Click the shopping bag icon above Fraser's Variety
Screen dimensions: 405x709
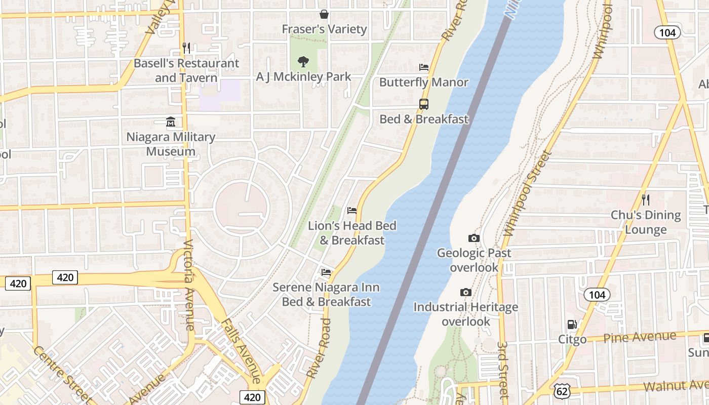(x=324, y=14)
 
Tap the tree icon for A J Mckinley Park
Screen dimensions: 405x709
(x=303, y=62)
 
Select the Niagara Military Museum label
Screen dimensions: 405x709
(x=171, y=144)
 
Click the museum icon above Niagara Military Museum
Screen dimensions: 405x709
(x=171, y=123)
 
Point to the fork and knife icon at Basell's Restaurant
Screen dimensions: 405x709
(x=186, y=48)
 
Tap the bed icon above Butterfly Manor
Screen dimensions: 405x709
(x=424, y=67)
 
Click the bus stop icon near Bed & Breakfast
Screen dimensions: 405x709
(x=424, y=104)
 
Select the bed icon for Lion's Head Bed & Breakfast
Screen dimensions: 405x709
(x=352, y=211)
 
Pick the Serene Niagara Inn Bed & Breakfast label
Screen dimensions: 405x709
(x=326, y=295)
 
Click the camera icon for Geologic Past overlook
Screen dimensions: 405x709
(x=474, y=238)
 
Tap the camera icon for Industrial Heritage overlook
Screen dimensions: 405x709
(x=465, y=293)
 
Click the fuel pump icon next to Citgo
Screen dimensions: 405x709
(x=572, y=325)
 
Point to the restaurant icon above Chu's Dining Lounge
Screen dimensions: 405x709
(x=645, y=200)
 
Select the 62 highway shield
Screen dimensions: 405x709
(x=562, y=390)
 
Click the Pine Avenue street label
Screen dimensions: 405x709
(x=640, y=337)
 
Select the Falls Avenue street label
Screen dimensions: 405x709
(x=241, y=351)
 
